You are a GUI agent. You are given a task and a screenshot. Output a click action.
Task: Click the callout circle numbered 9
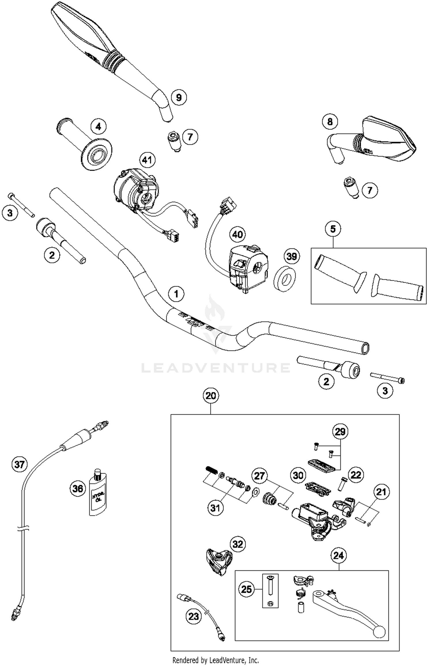pyautogui.click(x=179, y=97)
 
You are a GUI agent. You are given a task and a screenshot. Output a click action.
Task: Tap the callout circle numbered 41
pyautogui.click(x=147, y=160)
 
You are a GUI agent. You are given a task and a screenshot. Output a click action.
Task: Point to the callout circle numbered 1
pyautogui.click(x=176, y=294)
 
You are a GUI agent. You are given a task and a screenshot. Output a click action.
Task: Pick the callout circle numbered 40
pyautogui.click(x=238, y=234)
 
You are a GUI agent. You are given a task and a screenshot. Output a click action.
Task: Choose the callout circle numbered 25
pyautogui.click(x=247, y=589)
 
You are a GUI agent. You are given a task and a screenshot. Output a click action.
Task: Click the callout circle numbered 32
pyautogui.click(x=238, y=544)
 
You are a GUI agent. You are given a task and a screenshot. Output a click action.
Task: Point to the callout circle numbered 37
pyautogui.click(x=19, y=464)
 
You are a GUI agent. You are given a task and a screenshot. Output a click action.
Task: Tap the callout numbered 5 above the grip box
pyautogui.click(x=333, y=229)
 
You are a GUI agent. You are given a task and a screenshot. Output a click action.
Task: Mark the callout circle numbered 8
pyautogui.click(x=330, y=121)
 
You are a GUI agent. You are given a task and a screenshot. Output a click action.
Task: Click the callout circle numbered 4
pyautogui.click(x=98, y=126)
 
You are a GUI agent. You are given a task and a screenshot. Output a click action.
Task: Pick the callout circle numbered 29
pyautogui.click(x=340, y=432)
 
